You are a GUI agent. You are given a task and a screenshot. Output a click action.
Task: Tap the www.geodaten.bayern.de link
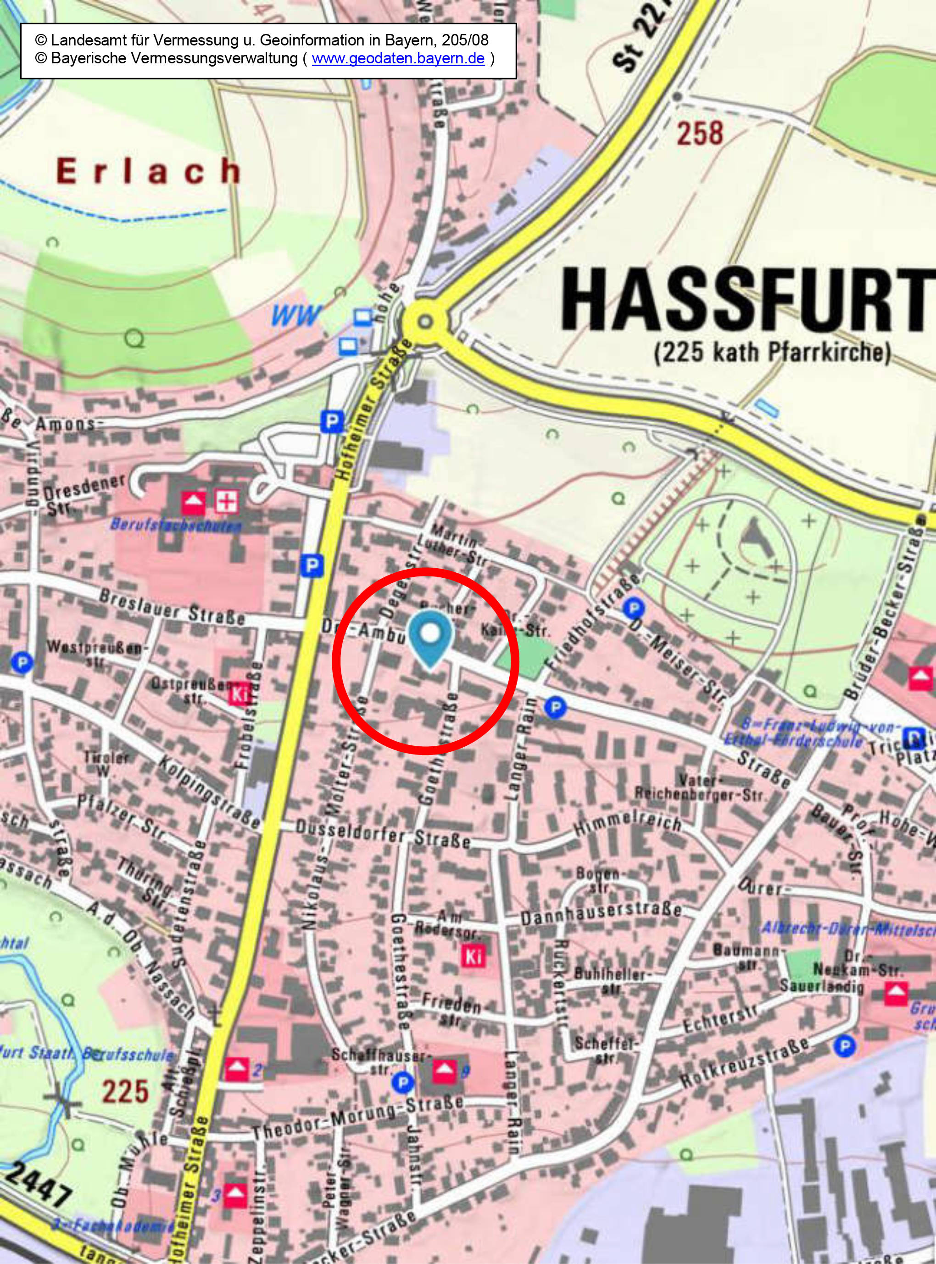click(x=398, y=59)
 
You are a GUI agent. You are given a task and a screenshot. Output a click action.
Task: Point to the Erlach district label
click(x=149, y=171)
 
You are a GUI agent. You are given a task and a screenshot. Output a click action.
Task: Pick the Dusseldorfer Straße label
click(x=383, y=835)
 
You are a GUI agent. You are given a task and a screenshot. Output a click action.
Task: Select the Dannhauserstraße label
click(x=601, y=914)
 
